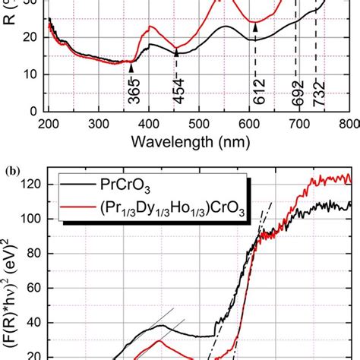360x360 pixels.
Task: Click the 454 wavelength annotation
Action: pyautogui.click(x=175, y=89)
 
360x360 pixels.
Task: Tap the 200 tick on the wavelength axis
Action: pyautogui.click(x=49, y=123)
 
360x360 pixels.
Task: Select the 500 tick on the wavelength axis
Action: pyautogui.click(x=199, y=123)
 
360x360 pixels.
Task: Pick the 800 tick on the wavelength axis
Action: pyautogui.click(x=349, y=123)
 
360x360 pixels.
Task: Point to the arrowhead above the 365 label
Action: pyautogui.click(x=131, y=68)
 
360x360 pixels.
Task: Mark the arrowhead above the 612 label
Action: pyautogui.click(x=255, y=27)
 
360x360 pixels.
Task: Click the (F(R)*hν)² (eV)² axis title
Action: pyautogui.click(x=11, y=289)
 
